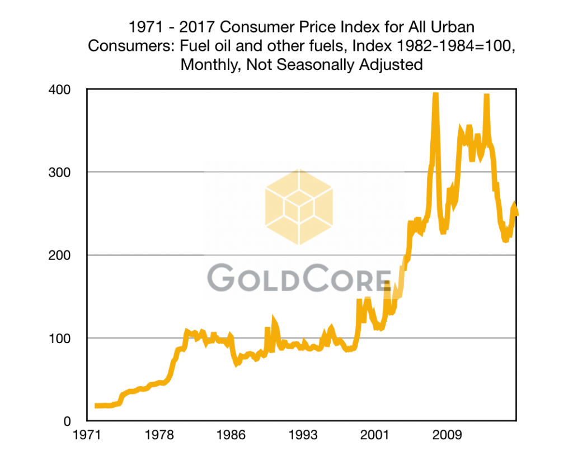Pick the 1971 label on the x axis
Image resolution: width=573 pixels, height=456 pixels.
[x=87, y=435]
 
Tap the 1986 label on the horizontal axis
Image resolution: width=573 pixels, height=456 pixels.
[x=231, y=435]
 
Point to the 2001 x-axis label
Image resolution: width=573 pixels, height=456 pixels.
[x=374, y=435]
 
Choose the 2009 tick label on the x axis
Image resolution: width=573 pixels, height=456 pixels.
[x=445, y=435]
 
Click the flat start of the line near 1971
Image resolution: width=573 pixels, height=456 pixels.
[x=104, y=406]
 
